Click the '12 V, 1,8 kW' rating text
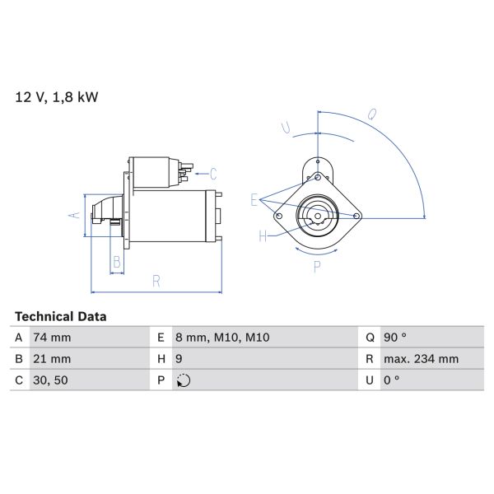pos(57,97)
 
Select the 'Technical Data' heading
pos(61,316)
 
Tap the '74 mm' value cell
pos(51,338)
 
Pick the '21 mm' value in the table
pos(51,359)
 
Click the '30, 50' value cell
pos(49,380)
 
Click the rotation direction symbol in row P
pos(184,380)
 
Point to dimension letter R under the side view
pos(156,282)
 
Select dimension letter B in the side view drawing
pos(117,263)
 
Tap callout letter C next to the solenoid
pos(212,174)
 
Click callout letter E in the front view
pos(254,200)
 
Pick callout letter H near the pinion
pos(263,236)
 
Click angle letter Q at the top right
pos(372,115)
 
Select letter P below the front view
pos(317,268)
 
